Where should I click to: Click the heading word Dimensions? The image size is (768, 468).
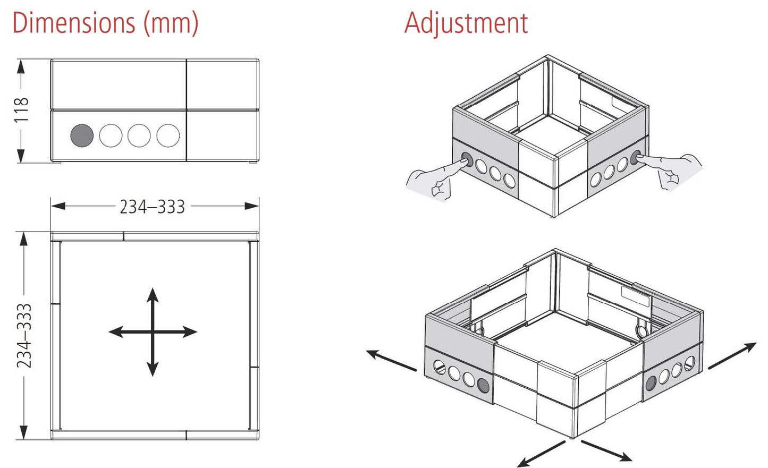pyautogui.click(x=74, y=23)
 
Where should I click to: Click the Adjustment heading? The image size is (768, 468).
pyautogui.click(x=466, y=23)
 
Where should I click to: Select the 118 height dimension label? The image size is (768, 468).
pyautogui.click(x=21, y=110)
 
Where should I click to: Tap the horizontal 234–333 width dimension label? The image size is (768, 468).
pyautogui.click(x=152, y=207)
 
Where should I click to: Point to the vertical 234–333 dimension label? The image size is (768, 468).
pyautogui.click(x=24, y=336)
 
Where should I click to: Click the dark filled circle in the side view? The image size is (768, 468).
pyautogui.click(x=82, y=135)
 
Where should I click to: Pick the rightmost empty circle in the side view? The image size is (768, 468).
pyautogui.click(x=168, y=135)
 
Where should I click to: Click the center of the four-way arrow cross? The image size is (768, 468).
pyautogui.click(x=153, y=332)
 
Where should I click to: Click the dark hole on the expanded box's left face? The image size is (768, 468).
pyautogui.click(x=483, y=385)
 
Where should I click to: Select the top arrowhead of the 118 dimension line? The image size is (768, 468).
pyautogui.click(x=21, y=66)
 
